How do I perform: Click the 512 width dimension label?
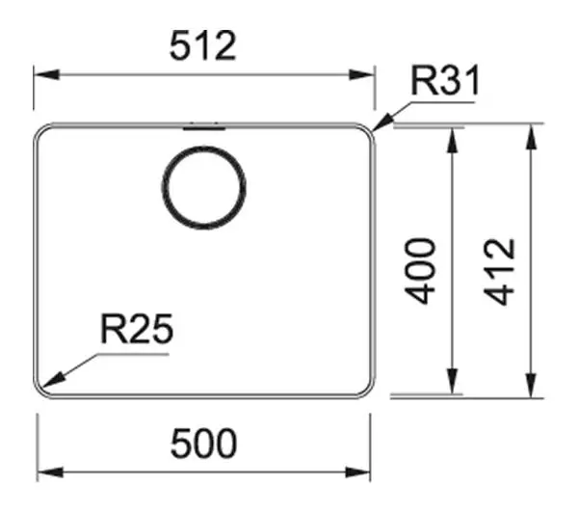(202, 45)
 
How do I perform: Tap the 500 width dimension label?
(203, 444)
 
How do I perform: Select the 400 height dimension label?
(420, 271)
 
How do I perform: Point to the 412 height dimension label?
(499, 272)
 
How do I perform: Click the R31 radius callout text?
(445, 80)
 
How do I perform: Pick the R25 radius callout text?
(137, 329)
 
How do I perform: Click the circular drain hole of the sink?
(204, 187)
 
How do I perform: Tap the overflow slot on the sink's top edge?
(204, 128)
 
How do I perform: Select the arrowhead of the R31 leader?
(382, 122)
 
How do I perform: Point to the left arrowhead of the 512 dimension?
(46, 74)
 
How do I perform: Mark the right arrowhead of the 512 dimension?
(362, 74)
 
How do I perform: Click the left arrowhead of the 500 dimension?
(50, 472)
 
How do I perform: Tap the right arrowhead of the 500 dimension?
(357, 472)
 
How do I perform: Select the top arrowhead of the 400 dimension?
(453, 141)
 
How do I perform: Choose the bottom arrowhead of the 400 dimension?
(453, 381)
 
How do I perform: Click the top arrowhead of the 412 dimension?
(531, 137)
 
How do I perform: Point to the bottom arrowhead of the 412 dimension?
(531, 386)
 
